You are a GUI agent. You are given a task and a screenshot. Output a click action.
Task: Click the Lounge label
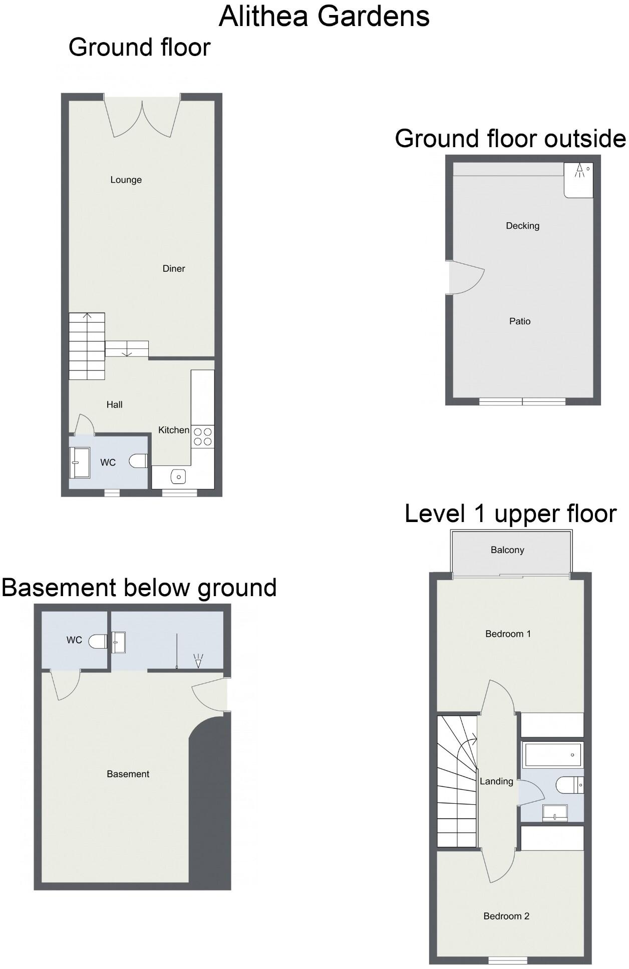pyautogui.click(x=126, y=180)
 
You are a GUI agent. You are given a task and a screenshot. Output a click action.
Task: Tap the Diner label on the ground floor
pyautogui.click(x=174, y=269)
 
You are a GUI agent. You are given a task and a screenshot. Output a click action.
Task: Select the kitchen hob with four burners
pyautogui.click(x=203, y=436)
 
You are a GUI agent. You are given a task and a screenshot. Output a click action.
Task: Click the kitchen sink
pyautogui.click(x=178, y=476)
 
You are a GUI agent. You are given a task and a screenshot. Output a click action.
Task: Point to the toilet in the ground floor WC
pyautogui.click(x=138, y=461)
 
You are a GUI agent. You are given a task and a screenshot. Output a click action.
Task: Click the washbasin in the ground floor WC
pyautogui.click(x=80, y=462)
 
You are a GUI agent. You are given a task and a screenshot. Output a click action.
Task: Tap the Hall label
pyautogui.click(x=114, y=404)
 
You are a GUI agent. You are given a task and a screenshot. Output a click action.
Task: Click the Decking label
pyautogui.click(x=522, y=226)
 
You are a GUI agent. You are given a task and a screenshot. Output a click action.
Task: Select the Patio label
pyautogui.click(x=520, y=321)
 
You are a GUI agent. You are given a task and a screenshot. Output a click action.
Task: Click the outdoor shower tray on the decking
pyautogui.click(x=578, y=180)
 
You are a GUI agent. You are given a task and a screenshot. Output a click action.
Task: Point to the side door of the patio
pyautogui.click(x=466, y=278)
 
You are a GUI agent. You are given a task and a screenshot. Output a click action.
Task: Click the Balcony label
pyautogui.click(x=507, y=550)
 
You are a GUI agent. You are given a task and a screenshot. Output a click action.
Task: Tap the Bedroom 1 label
pyautogui.click(x=508, y=634)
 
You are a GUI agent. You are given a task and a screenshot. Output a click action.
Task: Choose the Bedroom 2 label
pyautogui.click(x=506, y=916)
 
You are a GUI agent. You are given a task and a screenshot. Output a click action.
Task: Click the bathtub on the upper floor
pyautogui.click(x=552, y=755)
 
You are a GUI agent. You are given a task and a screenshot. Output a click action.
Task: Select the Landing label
pyautogui.click(x=496, y=781)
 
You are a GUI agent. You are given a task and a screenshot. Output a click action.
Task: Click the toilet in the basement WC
pyautogui.click(x=98, y=641)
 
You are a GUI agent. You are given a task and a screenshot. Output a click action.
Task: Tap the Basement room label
pyautogui.click(x=128, y=774)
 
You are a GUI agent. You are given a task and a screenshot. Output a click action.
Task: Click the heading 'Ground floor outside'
pyautogui.click(x=510, y=139)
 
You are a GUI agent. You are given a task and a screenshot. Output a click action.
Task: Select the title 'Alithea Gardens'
pyautogui.click(x=324, y=16)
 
